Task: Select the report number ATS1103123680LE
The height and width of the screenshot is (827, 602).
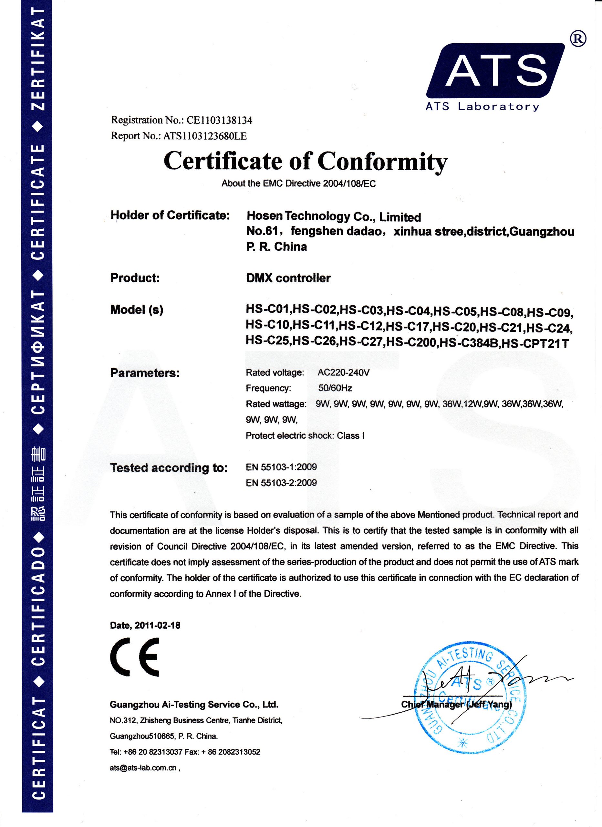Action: [205, 136]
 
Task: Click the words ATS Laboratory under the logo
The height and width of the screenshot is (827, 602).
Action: [482, 107]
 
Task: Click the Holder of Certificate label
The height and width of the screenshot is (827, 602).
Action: [170, 215]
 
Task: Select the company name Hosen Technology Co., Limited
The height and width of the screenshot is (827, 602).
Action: [334, 216]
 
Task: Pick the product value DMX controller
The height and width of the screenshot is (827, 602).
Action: [288, 278]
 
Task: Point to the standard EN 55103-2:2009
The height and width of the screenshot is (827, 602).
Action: [281, 483]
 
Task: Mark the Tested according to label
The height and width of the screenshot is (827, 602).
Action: [169, 468]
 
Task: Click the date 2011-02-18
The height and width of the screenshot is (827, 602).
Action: [158, 625]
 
